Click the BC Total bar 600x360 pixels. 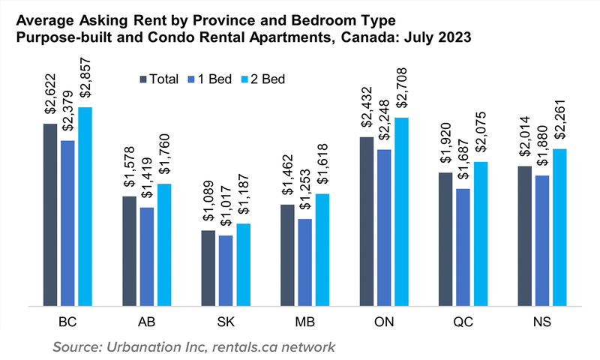[x=50, y=214]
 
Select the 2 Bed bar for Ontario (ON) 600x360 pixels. [x=403, y=211]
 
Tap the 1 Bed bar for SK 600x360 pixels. [x=226, y=271]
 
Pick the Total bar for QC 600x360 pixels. [x=445, y=239]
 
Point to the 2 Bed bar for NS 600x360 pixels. [x=560, y=227]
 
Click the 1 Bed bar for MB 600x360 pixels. [x=305, y=262]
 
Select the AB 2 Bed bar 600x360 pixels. [x=163, y=244]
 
